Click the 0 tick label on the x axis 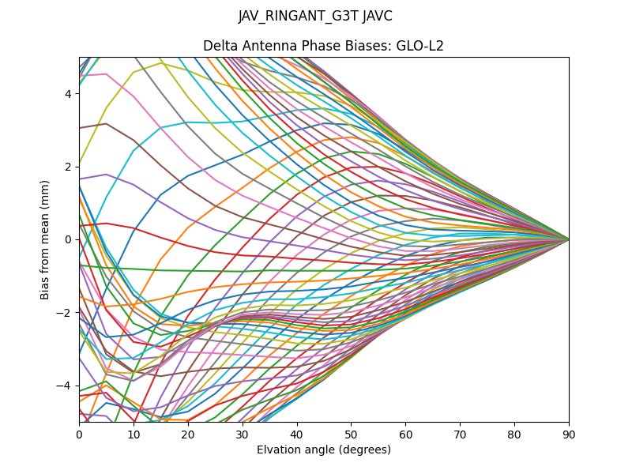(79, 434)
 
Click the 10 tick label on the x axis (134, 434)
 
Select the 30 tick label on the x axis (243, 434)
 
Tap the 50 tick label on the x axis (351, 434)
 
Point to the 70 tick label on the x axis (460, 434)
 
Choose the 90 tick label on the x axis (569, 434)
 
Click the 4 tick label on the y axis (69, 93)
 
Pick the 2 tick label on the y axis (69, 167)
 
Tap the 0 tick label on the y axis (69, 239)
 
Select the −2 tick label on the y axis (66, 312)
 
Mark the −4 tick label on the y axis (66, 386)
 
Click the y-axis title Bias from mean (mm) (45, 239)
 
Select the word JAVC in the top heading (376, 16)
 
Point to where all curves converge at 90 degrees (569, 239)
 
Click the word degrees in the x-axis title (363, 450)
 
